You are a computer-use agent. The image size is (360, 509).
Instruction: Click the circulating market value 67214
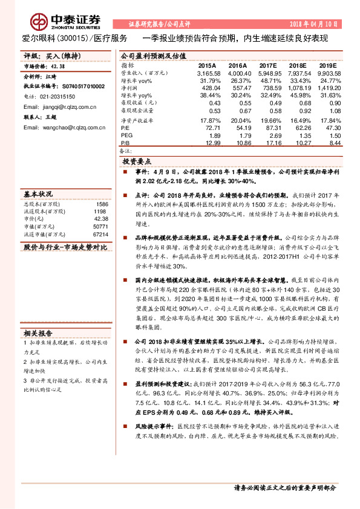pyautogui.click(x=100, y=234)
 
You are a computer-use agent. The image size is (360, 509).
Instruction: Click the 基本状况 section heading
pyautogui.click(x=38, y=195)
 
